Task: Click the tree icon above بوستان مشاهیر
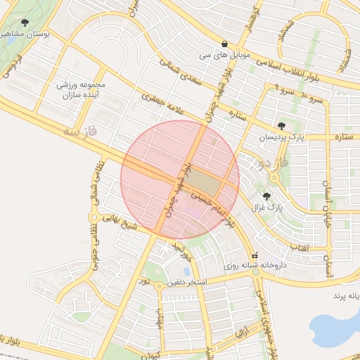(x=25, y=23)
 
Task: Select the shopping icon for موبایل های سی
(x=224, y=43)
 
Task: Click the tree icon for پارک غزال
(x=266, y=196)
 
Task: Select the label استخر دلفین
(x=186, y=283)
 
